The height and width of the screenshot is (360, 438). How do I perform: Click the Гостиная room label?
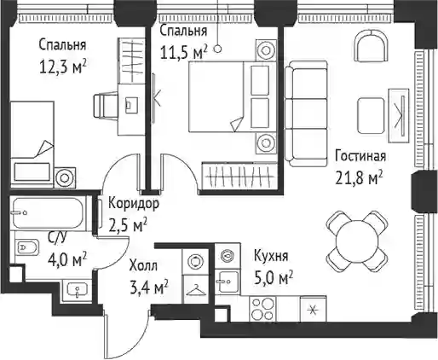[360, 156]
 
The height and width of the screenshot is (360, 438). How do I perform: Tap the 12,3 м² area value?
[63, 67]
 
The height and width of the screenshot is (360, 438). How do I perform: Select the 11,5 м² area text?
[184, 52]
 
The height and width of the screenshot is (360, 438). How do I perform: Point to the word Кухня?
[271, 256]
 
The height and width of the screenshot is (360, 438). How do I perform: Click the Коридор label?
[134, 204]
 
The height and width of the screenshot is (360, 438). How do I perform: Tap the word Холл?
[143, 266]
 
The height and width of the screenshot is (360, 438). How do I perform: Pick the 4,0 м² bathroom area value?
[67, 260]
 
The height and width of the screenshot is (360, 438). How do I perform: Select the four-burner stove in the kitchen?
[262, 309]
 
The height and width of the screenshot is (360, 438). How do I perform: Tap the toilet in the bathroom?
[26, 247]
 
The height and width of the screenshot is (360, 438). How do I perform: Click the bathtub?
[48, 212]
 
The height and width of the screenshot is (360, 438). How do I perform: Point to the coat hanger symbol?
[196, 290]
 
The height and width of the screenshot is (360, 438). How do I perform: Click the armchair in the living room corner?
[371, 46]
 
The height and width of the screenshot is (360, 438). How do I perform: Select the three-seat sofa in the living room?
[306, 113]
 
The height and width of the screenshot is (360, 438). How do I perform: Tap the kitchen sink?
[227, 282]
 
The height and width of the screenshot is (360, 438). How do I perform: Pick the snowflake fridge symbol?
[313, 310]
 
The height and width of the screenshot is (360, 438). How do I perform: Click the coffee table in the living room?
[371, 115]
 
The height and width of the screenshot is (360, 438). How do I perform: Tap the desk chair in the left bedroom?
[106, 106]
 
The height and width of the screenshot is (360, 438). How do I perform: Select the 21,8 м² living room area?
[359, 178]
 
